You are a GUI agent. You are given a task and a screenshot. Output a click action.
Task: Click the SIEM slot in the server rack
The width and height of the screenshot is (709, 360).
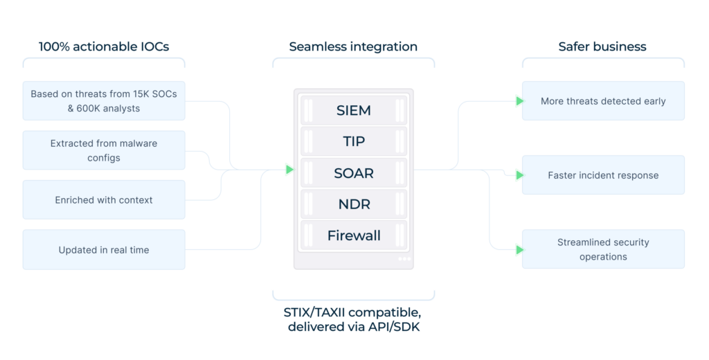click(x=353, y=110)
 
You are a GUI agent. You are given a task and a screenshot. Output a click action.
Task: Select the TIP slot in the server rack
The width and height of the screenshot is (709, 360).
click(x=353, y=141)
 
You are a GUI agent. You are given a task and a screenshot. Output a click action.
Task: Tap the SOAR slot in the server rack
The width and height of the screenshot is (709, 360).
click(x=353, y=173)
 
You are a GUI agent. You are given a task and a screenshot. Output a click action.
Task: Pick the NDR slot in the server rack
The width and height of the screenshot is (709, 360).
click(x=353, y=204)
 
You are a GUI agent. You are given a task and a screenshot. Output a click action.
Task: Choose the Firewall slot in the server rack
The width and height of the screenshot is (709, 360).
click(x=353, y=235)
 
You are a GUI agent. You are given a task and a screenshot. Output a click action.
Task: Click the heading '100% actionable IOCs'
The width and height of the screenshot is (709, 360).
click(x=104, y=47)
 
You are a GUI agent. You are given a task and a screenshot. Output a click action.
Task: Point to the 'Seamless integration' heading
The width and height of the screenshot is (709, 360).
click(x=353, y=47)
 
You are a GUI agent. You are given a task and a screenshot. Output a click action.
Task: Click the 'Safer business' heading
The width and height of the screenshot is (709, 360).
click(x=602, y=47)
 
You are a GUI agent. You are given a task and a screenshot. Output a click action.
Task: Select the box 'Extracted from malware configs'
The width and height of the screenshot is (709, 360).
click(x=104, y=150)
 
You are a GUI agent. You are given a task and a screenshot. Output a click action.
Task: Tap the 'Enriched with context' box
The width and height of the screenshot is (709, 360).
click(x=104, y=200)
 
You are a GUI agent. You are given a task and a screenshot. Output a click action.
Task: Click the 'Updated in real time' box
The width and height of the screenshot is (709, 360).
click(x=104, y=250)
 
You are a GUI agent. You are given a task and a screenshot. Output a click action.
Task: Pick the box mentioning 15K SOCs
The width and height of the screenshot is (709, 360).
click(x=104, y=100)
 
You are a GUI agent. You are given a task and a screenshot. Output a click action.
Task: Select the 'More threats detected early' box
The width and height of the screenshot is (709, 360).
click(x=603, y=101)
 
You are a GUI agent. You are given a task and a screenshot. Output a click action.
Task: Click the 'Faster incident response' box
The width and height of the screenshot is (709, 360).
click(x=603, y=175)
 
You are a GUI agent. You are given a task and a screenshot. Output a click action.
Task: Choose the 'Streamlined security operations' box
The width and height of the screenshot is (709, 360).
click(x=603, y=249)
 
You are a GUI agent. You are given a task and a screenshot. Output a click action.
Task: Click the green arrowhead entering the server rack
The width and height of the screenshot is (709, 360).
click(x=290, y=170)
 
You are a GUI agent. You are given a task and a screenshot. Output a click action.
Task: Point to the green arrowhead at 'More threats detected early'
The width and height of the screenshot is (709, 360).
click(x=520, y=101)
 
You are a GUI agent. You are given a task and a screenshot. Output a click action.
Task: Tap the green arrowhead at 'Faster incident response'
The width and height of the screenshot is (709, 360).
click(x=520, y=175)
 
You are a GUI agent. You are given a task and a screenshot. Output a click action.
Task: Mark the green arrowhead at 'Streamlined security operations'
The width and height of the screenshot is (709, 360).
click(x=520, y=249)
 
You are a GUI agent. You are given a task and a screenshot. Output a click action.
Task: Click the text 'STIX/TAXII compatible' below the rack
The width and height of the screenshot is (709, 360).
click(x=354, y=312)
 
